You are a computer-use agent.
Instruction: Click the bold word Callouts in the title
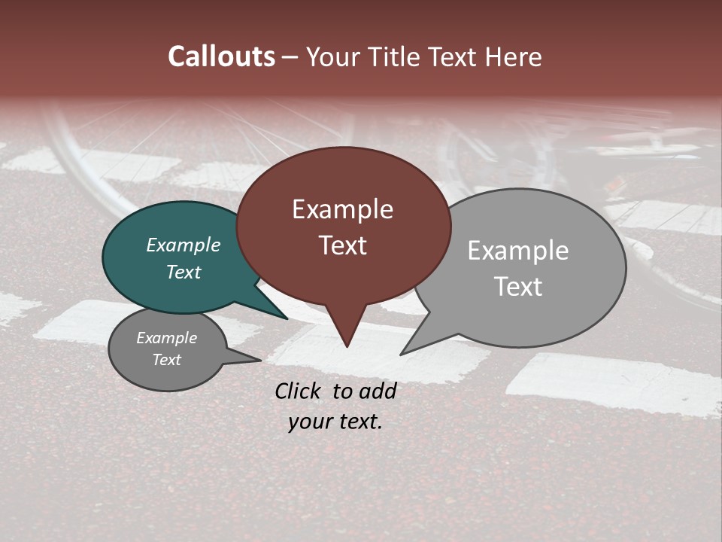point(221,56)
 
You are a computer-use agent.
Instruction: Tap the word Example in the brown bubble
point(342,209)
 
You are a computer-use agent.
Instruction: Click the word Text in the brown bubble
point(342,245)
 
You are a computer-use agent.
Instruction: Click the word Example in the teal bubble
point(183,245)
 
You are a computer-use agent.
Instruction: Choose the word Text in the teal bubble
point(183,272)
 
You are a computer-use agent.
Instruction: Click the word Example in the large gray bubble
point(517,251)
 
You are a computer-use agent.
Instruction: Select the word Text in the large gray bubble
point(517,287)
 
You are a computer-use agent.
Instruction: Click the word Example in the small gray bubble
point(166,338)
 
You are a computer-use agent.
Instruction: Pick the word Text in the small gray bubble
point(166,360)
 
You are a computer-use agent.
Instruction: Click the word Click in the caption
point(299,391)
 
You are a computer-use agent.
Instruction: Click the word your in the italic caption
point(310,422)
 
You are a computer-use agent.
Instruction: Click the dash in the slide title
point(290,57)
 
